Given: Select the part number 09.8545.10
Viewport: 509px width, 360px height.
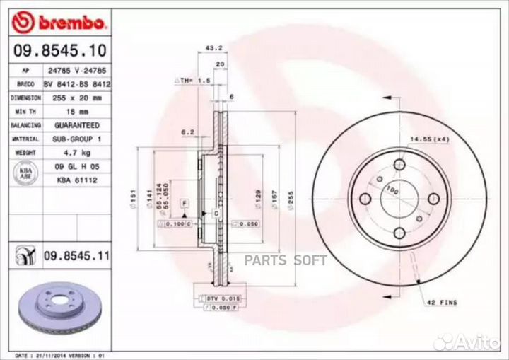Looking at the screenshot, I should point(57,51).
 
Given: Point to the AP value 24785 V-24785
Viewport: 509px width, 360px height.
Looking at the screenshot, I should point(74,71).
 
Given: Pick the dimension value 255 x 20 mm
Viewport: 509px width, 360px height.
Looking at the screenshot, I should point(74,98).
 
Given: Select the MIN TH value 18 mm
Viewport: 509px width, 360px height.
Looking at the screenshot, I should point(74,112).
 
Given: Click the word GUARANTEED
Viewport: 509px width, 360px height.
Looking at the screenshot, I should point(75,125).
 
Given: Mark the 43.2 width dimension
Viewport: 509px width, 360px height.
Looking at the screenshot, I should point(209,49).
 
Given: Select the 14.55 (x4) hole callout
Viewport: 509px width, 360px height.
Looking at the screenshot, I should point(428,140).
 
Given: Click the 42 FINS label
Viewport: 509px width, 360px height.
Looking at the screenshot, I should point(442,302).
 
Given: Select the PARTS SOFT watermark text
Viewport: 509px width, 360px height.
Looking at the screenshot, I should point(286,261).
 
